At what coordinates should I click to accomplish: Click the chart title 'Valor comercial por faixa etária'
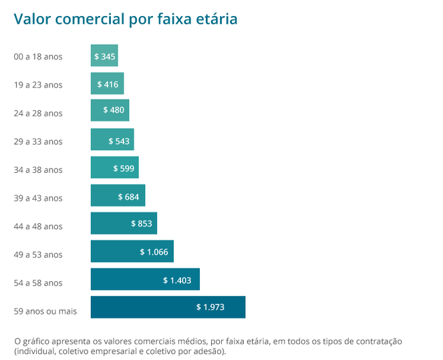click(125, 19)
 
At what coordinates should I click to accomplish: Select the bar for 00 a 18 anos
click(105, 56)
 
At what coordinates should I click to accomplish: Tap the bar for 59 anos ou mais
click(168, 307)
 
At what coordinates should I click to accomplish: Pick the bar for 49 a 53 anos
click(132, 251)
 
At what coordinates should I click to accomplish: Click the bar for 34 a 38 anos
click(114, 167)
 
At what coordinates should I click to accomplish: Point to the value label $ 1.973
click(210, 307)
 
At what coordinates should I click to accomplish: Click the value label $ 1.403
click(176, 279)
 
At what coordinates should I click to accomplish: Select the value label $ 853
click(140, 223)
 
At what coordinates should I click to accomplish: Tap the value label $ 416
click(108, 84)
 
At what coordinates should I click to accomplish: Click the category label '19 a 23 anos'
click(38, 85)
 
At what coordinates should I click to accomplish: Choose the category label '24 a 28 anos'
click(38, 113)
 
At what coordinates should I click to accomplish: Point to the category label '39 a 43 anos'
click(38, 198)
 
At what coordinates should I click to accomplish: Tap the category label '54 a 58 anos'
click(38, 283)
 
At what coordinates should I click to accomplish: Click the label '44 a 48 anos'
click(38, 226)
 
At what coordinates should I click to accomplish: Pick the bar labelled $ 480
click(110, 110)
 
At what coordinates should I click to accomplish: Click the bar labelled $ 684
click(118, 195)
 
